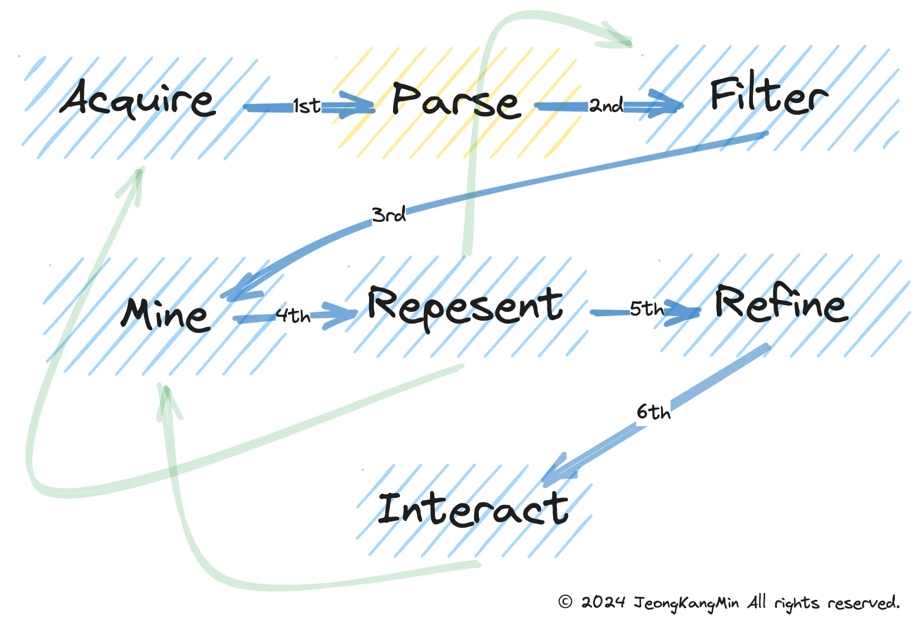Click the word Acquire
pos(138,99)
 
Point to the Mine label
pos(166,314)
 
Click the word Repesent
pos(466,307)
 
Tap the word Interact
pos(473,509)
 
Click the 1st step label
pos(307,106)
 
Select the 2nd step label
pos(606,105)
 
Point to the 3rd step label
pos(389,214)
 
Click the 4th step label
pos(293,316)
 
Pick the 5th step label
pos(647,308)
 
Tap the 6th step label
pos(654,412)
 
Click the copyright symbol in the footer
pos(565,602)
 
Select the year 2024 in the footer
pos(603,602)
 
